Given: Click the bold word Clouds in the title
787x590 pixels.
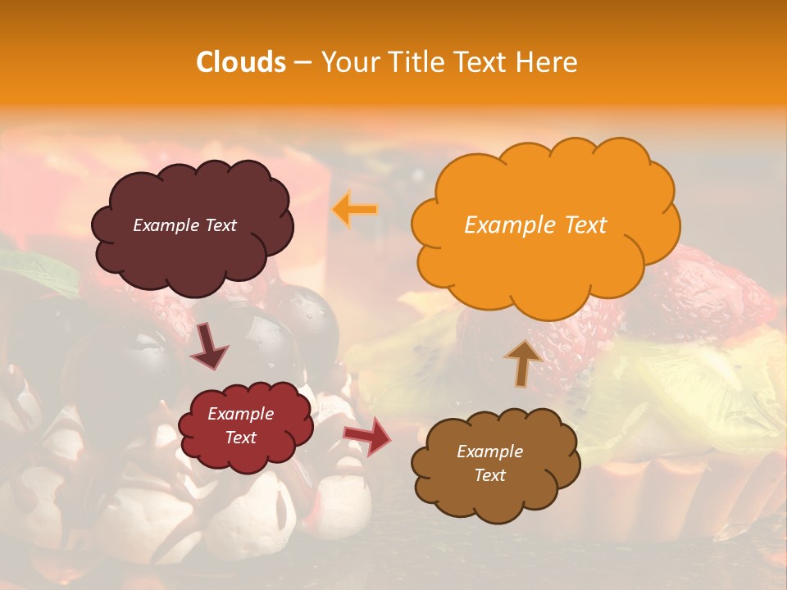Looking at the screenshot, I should [x=241, y=62].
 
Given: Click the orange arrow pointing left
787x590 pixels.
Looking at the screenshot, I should [x=355, y=210].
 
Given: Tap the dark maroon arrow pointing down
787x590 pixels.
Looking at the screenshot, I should [x=208, y=345].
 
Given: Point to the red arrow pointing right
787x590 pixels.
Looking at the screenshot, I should [x=368, y=436].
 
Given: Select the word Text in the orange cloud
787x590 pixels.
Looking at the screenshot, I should [x=586, y=225].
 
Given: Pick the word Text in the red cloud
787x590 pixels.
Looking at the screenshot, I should [x=241, y=438].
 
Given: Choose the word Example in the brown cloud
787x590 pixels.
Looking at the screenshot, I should [x=489, y=452].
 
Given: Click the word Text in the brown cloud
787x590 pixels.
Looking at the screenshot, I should [x=489, y=475].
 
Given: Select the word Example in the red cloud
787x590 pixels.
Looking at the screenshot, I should [x=241, y=414].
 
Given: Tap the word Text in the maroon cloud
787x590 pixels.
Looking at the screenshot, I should [x=220, y=225].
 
